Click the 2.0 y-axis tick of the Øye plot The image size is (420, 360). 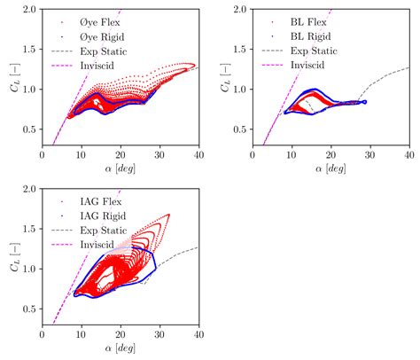(x=29, y=9)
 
